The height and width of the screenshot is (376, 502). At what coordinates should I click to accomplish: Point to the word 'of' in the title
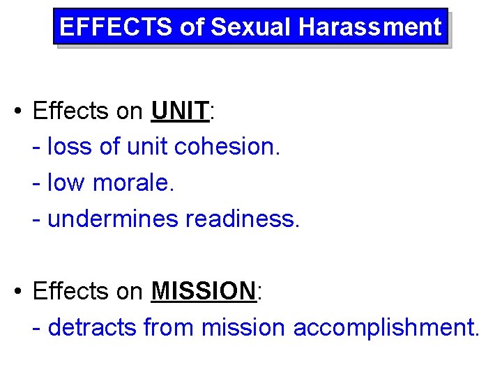click(192, 27)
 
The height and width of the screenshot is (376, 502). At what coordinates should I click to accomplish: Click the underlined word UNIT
click(180, 111)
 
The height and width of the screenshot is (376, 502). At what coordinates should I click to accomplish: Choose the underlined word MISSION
click(204, 291)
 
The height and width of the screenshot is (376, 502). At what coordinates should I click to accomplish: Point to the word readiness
click(243, 219)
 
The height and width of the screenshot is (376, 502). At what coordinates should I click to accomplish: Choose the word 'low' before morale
click(67, 183)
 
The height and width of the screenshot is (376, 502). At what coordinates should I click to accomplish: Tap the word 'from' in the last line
click(169, 327)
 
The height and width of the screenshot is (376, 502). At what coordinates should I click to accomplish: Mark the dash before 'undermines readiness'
click(38, 219)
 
